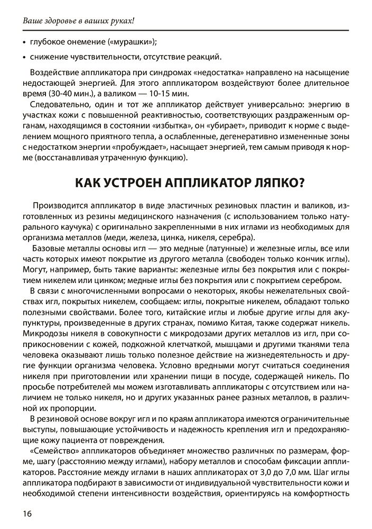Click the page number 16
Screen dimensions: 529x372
tap(27, 513)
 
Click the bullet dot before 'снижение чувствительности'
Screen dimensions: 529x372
tap(24, 57)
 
